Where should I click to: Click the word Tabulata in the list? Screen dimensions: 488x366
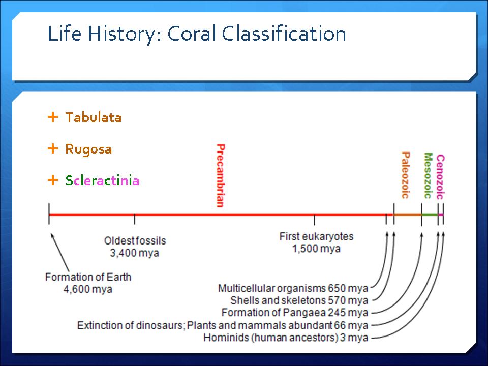point(94,117)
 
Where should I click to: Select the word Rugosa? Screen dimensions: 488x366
point(88,149)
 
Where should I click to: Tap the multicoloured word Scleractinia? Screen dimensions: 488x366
point(102,180)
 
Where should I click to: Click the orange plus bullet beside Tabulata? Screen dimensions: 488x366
point(53,117)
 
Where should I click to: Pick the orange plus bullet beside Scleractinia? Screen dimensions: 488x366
point(53,180)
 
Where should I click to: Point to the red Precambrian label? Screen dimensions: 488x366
point(220,175)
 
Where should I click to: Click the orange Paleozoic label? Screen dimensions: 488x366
point(405,175)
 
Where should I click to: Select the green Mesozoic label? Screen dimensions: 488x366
point(429,175)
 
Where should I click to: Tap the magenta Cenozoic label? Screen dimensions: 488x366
point(440,177)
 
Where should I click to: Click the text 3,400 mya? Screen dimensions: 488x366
point(134,253)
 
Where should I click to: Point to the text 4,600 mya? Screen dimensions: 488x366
point(88,289)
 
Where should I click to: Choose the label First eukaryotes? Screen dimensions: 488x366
point(317,236)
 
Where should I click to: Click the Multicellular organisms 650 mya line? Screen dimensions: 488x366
point(293,288)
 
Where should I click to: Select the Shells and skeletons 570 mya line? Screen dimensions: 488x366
point(299,300)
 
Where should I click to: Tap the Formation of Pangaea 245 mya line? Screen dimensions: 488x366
point(295,312)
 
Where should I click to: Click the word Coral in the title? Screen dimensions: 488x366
point(192,34)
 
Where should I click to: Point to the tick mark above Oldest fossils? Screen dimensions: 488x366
point(134,219)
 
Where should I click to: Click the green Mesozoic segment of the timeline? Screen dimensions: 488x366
point(430,215)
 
